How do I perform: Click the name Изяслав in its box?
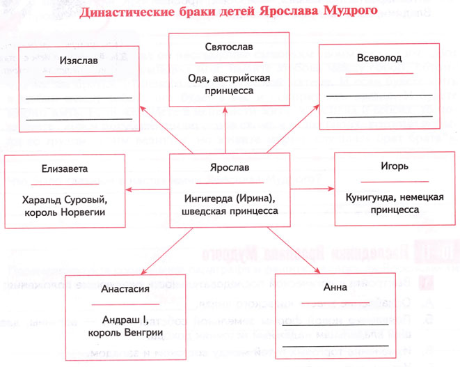pyautogui.click(x=79, y=61)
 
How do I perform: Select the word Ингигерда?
pyautogui.click(x=205, y=198)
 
